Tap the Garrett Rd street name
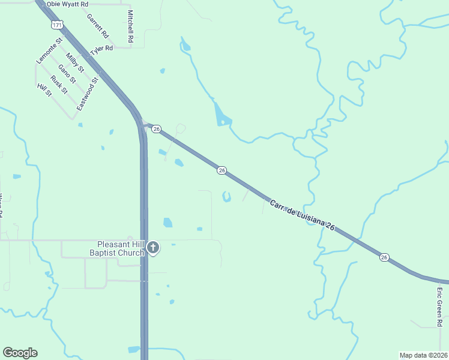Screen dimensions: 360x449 tap(97, 25)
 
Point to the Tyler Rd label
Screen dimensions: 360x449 tap(101, 49)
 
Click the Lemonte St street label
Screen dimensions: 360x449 tap(49, 52)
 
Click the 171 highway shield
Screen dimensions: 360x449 tap(56, 25)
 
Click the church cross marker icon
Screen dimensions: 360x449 tap(153, 247)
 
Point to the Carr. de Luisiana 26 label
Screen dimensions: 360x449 tap(301, 214)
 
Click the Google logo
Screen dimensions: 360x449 tap(20, 353)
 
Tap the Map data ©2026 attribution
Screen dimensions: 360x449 tap(423, 355)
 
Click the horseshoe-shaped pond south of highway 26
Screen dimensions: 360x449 tap(226, 197)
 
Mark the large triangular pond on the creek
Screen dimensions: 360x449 tap(221, 115)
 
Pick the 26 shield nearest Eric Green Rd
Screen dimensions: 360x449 tap(384, 257)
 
